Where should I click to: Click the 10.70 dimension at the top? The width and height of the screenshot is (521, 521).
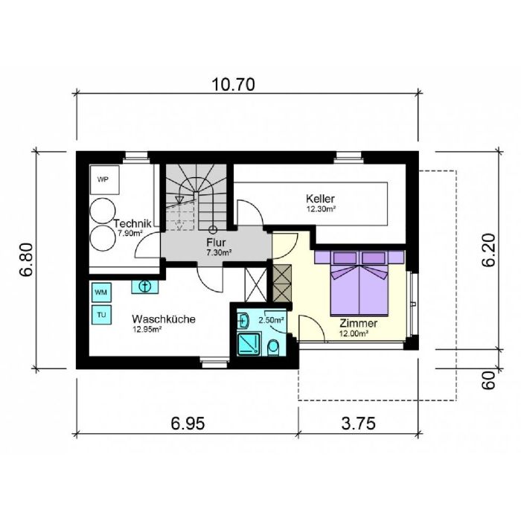pyautogui.click(x=233, y=85)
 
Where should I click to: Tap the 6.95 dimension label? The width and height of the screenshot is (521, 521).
pyautogui.click(x=188, y=423)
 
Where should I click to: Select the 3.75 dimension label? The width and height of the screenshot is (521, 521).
pyautogui.click(x=359, y=423)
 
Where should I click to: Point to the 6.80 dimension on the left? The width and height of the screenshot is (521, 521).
pyautogui.click(x=26, y=260)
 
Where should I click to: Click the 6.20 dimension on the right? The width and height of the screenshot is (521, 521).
pyautogui.click(x=489, y=251)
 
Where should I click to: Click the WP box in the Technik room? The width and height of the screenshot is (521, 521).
pyautogui.click(x=104, y=180)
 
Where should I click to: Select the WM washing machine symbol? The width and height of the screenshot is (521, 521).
pyautogui.click(x=101, y=293)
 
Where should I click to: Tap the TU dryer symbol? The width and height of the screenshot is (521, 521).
pyautogui.click(x=101, y=315)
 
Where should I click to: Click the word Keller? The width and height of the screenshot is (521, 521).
pyautogui.click(x=320, y=199)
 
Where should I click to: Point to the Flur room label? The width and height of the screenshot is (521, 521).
pyautogui.click(x=216, y=242)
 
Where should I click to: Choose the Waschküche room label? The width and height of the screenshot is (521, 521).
pyautogui.click(x=164, y=319)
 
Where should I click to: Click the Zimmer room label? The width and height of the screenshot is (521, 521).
pyautogui.click(x=359, y=323)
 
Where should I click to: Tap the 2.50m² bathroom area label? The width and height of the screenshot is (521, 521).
pyautogui.click(x=271, y=320)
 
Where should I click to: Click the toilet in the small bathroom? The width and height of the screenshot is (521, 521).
pyautogui.click(x=274, y=348)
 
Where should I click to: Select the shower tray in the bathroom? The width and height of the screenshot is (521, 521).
pyautogui.click(x=249, y=344)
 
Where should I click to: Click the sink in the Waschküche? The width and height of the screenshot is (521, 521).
pyautogui.click(x=145, y=287)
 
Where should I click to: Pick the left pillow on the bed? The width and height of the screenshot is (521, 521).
pyautogui.click(x=345, y=258)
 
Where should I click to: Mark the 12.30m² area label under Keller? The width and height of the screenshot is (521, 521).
pyautogui.click(x=320, y=209)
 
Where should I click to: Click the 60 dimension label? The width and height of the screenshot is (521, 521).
pyautogui.click(x=489, y=380)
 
